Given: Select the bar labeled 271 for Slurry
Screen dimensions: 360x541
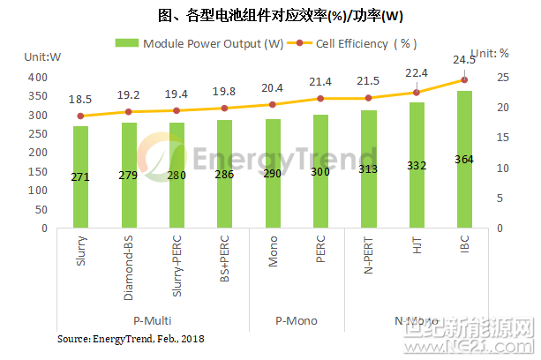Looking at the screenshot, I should pos(80,176).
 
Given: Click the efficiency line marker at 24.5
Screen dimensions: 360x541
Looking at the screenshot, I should pos(464,79).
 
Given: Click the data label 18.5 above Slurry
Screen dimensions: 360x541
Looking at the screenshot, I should pos(80,101).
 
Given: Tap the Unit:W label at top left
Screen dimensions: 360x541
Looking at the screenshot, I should pos(41,57).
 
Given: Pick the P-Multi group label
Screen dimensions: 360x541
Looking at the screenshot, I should pos(152,320).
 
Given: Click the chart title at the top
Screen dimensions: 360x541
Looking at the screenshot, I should pos(270,15).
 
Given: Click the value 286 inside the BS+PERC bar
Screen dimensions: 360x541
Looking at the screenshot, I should pos(224,176).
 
